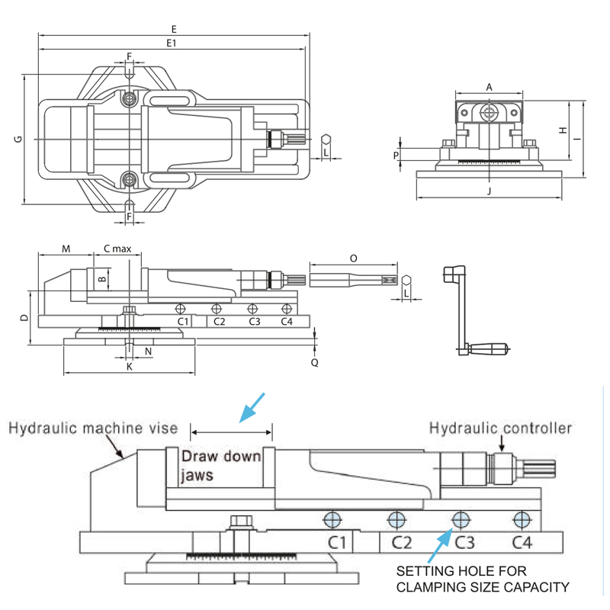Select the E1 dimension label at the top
(x=172, y=43)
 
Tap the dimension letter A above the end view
(x=490, y=88)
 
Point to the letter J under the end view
(x=489, y=191)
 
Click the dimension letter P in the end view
(x=396, y=155)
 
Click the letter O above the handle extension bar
(x=352, y=258)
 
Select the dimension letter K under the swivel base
(x=130, y=367)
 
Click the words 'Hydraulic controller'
(x=500, y=428)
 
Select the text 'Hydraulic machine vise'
(x=93, y=429)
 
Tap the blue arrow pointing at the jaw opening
(x=252, y=407)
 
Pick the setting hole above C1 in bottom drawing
(x=332, y=520)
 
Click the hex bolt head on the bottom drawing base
(x=239, y=522)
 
